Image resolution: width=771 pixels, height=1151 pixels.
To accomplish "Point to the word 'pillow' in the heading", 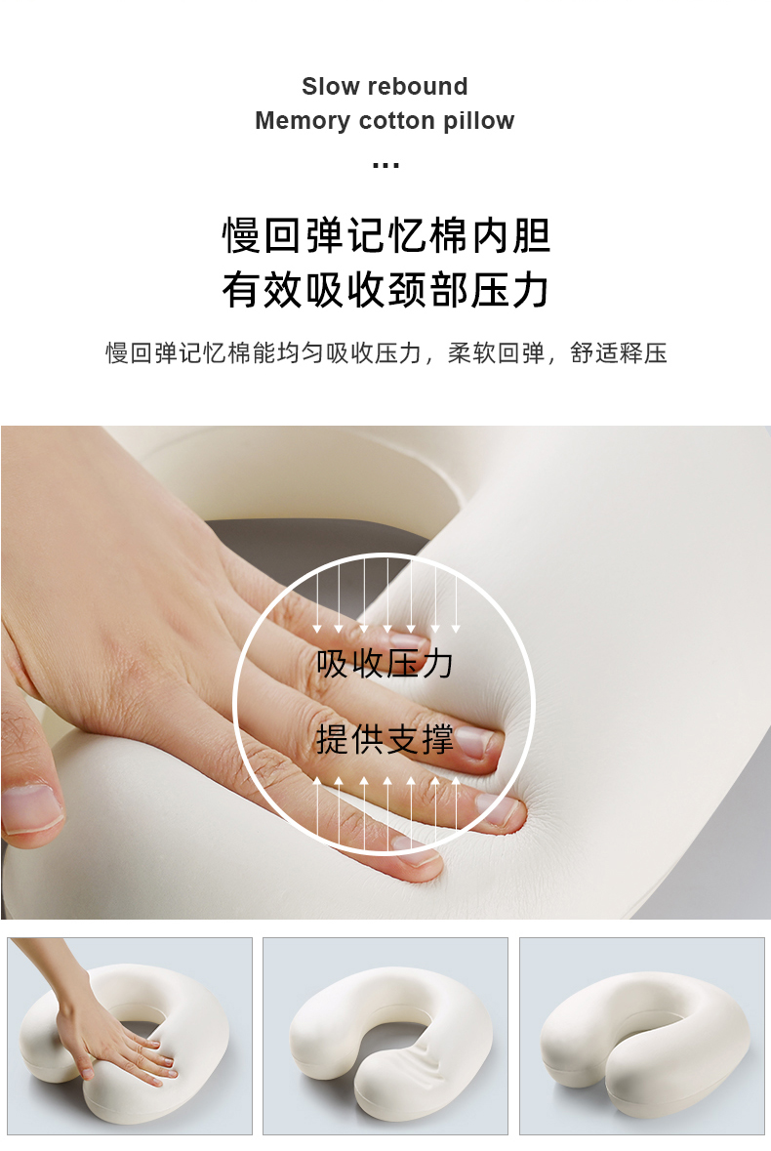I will [479, 121].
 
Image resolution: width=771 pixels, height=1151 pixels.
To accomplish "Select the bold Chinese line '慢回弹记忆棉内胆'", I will [385, 236].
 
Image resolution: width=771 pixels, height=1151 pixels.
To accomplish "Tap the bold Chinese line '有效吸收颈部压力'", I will [385, 290].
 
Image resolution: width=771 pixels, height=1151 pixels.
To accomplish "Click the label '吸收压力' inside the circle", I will [385, 663].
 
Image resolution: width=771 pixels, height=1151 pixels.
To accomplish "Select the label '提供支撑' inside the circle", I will [385, 739].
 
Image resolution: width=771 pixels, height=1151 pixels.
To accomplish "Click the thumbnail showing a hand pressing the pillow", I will [130, 1036].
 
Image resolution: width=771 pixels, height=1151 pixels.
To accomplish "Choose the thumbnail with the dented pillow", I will [385, 1036].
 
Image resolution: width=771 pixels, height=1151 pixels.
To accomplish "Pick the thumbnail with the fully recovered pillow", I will [641, 1036].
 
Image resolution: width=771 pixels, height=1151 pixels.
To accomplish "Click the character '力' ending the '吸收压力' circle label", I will [438, 663].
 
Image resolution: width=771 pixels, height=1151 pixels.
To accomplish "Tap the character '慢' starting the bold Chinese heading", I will [242, 236].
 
